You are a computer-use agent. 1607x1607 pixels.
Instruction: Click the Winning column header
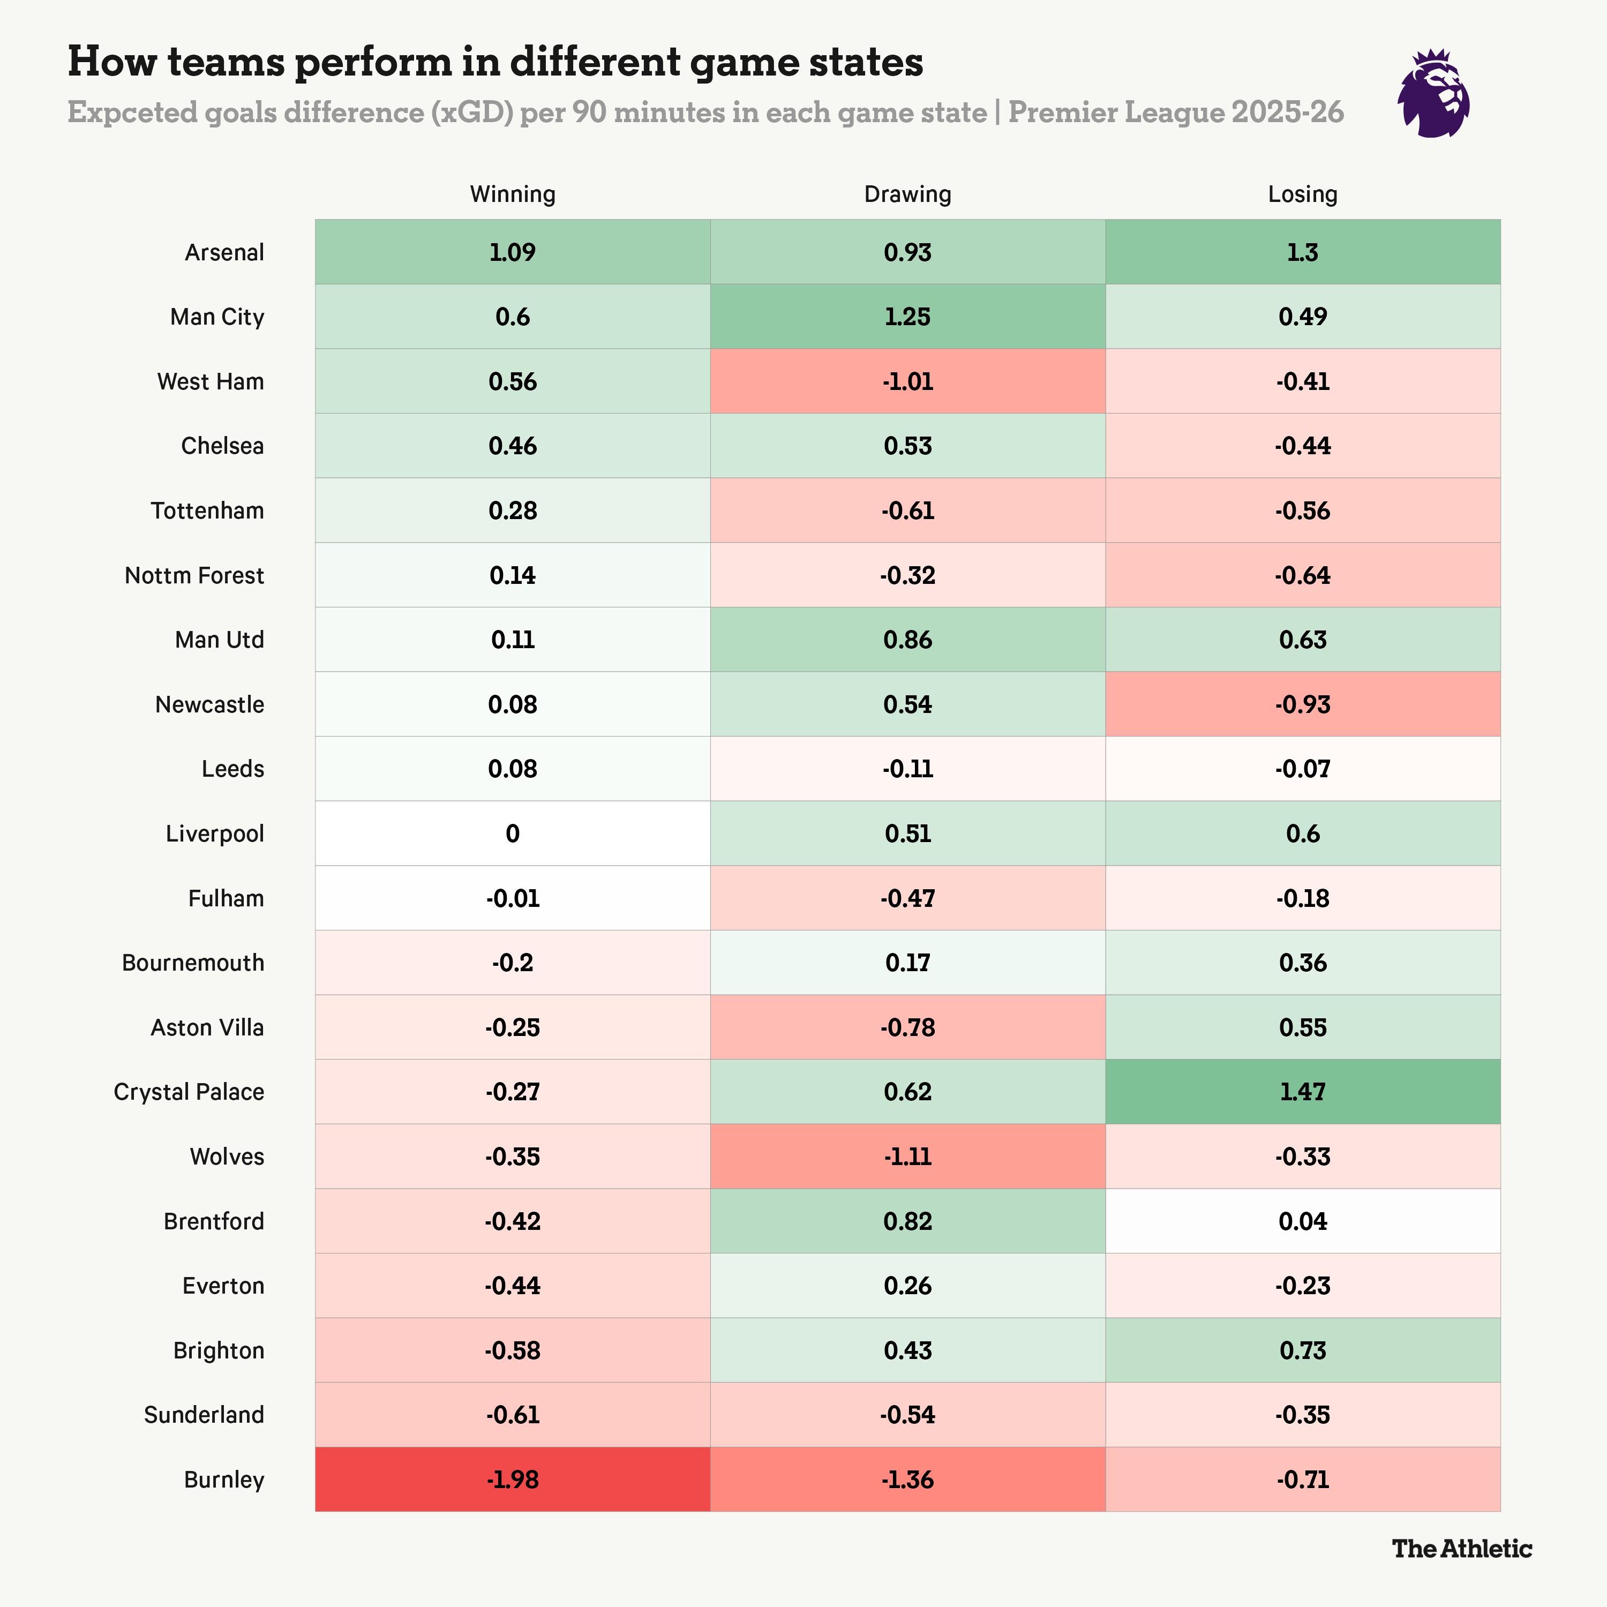point(513,194)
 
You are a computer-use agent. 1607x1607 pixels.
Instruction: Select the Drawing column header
point(907,194)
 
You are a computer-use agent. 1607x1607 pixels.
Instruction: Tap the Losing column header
point(1303,194)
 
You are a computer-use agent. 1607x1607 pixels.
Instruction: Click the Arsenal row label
point(224,252)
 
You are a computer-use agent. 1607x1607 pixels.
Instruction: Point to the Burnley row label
point(224,1479)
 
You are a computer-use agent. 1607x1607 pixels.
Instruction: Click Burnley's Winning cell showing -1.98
point(513,1479)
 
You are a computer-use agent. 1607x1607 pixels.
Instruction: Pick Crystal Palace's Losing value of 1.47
point(1303,1091)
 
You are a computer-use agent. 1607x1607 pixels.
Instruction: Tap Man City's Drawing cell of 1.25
point(907,316)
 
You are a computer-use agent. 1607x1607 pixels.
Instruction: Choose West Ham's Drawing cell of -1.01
point(907,381)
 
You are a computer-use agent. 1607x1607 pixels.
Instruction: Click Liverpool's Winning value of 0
point(513,833)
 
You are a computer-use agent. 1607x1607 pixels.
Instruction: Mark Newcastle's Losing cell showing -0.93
point(1303,704)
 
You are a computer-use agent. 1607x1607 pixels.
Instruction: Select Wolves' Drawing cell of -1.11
point(907,1156)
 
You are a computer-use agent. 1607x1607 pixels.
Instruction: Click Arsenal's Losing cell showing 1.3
point(1303,252)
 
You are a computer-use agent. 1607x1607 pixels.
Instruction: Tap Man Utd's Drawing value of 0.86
point(907,640)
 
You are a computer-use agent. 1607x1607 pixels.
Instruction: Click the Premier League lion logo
point(1433,93)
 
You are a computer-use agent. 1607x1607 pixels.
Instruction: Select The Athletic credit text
point(1461,1548)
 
